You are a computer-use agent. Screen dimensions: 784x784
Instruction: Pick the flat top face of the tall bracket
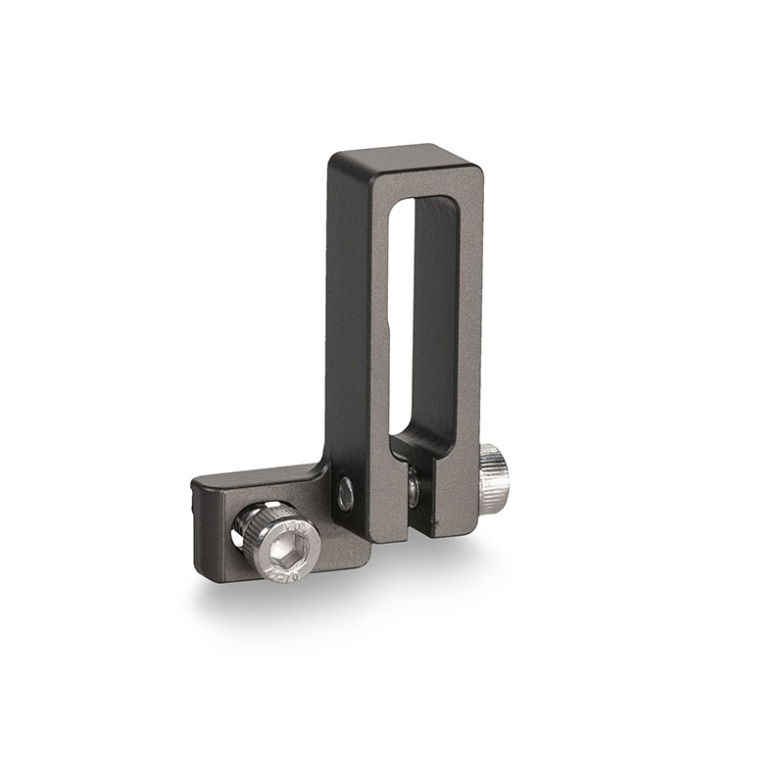402,156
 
